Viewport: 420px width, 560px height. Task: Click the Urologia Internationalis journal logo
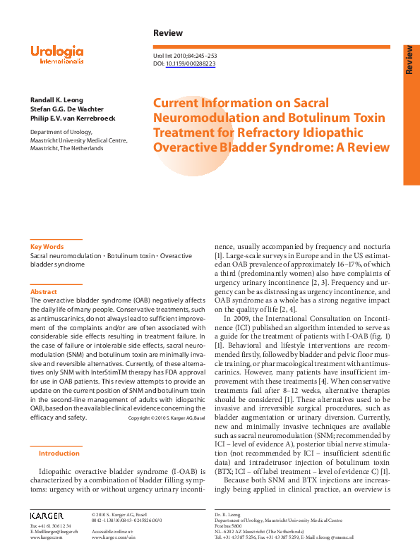click(57, 54)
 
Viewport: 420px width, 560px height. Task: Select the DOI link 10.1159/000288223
click(191, 63)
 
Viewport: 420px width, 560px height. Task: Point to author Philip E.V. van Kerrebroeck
click(73, 118)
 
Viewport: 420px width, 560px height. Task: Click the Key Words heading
click(47, 247)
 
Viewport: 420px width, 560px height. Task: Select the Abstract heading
click(43, 291)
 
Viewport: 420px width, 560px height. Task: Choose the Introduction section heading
click(59, 454)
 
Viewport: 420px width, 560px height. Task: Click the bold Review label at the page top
click(167, 33)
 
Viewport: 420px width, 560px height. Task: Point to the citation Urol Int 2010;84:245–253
click(185, 55)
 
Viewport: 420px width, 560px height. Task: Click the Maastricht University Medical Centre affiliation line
click(78, 140)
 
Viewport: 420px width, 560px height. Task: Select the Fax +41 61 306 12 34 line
click(50, 526)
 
